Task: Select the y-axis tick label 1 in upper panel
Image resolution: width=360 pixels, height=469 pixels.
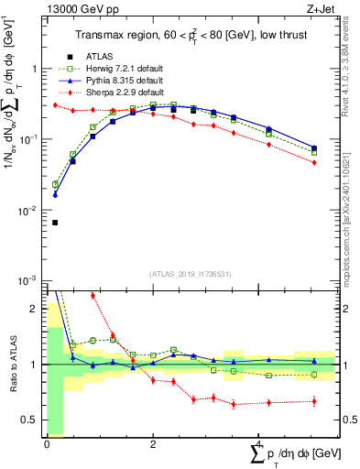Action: tap(35, 69)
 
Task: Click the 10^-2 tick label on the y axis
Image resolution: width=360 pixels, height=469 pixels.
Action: tap(29, 211)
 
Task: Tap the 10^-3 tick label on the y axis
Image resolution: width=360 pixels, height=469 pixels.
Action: tap(29, 281)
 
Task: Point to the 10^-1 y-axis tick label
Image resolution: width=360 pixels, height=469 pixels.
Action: tap(29, 140)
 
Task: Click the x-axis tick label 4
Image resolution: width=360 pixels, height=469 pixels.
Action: tap(258, 443)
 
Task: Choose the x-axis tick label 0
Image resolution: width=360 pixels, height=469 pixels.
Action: tap(47, 443)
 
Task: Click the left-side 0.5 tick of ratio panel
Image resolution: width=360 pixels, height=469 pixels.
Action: tap(31, 420)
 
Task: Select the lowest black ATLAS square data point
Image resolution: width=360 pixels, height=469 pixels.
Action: tap(55, 223)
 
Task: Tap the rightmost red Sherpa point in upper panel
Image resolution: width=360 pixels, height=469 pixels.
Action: tap(314, 163)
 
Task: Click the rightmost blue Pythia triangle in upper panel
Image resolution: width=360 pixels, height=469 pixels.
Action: tap(314, 147)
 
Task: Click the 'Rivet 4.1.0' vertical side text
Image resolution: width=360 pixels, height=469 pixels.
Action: tap(352, 55)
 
